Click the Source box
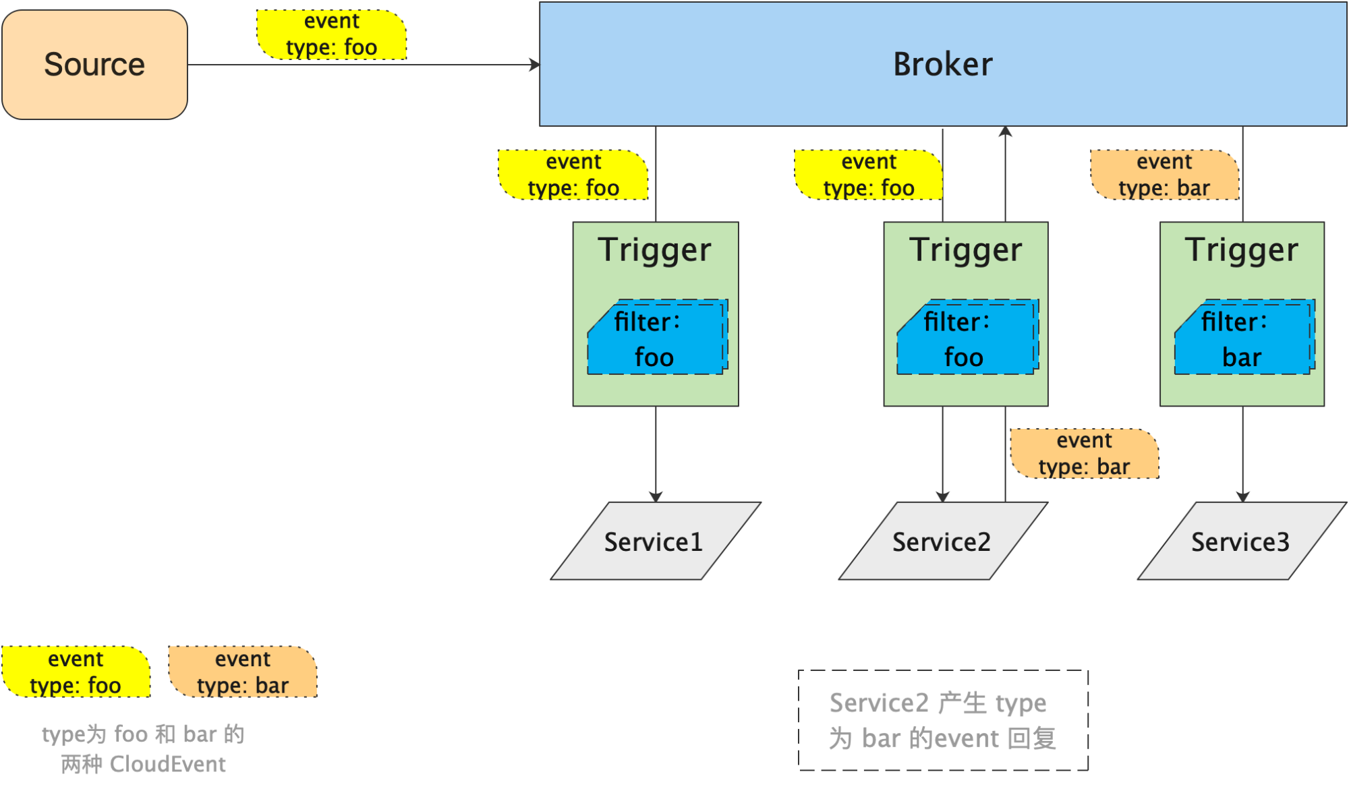pos(94,65)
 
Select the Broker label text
pos(942,65)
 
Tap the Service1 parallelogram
pos(656,541)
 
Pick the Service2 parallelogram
pos(943,541)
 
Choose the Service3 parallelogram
pos(1242,541)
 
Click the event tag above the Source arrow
pos(332,34)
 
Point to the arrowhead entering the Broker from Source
pos(535,65)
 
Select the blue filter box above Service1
pos(658,336)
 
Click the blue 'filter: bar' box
pos(1244,336)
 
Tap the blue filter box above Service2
pos(968,336)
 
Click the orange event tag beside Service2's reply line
pos(1085,454)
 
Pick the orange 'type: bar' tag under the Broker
pos(1165,175)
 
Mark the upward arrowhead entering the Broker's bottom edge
pos(1005,131)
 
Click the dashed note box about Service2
pos(943,720)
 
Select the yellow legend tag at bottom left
pos(76,672)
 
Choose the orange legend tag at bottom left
pos(243,672)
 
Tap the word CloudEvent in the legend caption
pos(167,764)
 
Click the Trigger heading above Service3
pos(1241,249)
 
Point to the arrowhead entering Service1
pos(656,497)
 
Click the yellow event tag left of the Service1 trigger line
pos(573,175)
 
